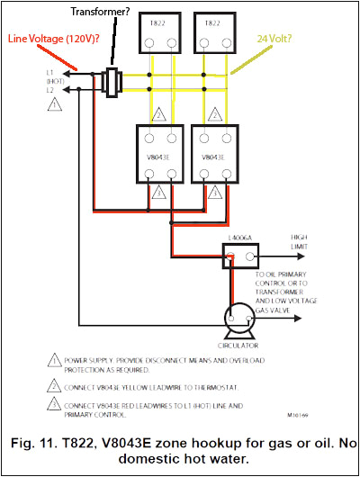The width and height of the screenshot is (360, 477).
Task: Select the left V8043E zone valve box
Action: pos(159,154)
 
